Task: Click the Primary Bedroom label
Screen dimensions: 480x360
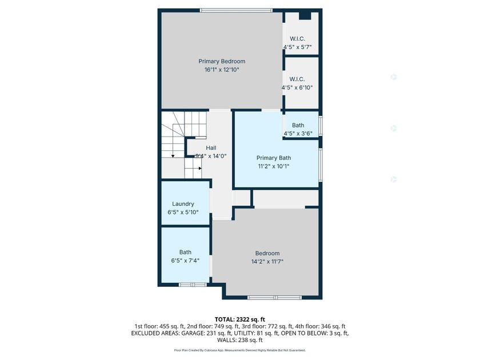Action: pos(222,61)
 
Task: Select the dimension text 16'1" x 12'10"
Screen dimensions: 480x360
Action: pos(222,70)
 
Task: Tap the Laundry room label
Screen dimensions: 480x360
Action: pos(183,204)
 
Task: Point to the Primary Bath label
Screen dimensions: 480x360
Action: pos(274,158)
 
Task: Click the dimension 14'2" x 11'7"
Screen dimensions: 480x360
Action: pos(267,262)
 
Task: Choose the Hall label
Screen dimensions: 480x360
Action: pos(211,148)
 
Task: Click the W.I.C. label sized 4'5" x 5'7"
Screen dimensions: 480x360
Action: pos(298,39)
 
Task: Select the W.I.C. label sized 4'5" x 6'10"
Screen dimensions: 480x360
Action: pos(297,79)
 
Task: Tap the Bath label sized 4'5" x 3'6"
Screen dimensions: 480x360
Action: pos(298,125)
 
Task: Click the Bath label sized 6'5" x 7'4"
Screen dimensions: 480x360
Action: pos(185,252)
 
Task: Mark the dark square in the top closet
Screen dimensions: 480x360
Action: pos(305,16)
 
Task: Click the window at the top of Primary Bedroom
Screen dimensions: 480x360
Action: pos(236,10)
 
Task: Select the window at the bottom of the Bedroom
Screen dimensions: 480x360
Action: pos(275,298)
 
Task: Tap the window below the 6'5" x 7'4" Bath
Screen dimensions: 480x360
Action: pos(193,285)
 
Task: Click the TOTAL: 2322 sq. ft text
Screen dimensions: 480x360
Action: pos(240,320)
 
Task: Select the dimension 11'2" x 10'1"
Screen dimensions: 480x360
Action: pos(274,166)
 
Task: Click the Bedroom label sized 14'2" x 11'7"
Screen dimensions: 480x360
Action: pos(267,254)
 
